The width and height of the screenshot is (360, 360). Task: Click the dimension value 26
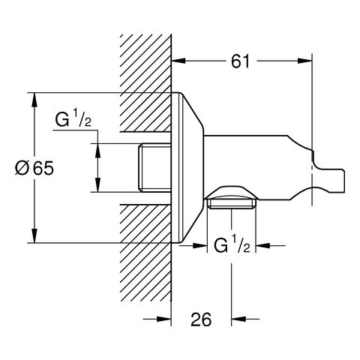[200, 319]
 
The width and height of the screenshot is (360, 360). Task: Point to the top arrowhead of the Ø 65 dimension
[34, 97]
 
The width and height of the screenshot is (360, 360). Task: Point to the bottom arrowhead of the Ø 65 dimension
[34, 238]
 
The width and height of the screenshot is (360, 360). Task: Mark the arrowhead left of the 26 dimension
[168, 319]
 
